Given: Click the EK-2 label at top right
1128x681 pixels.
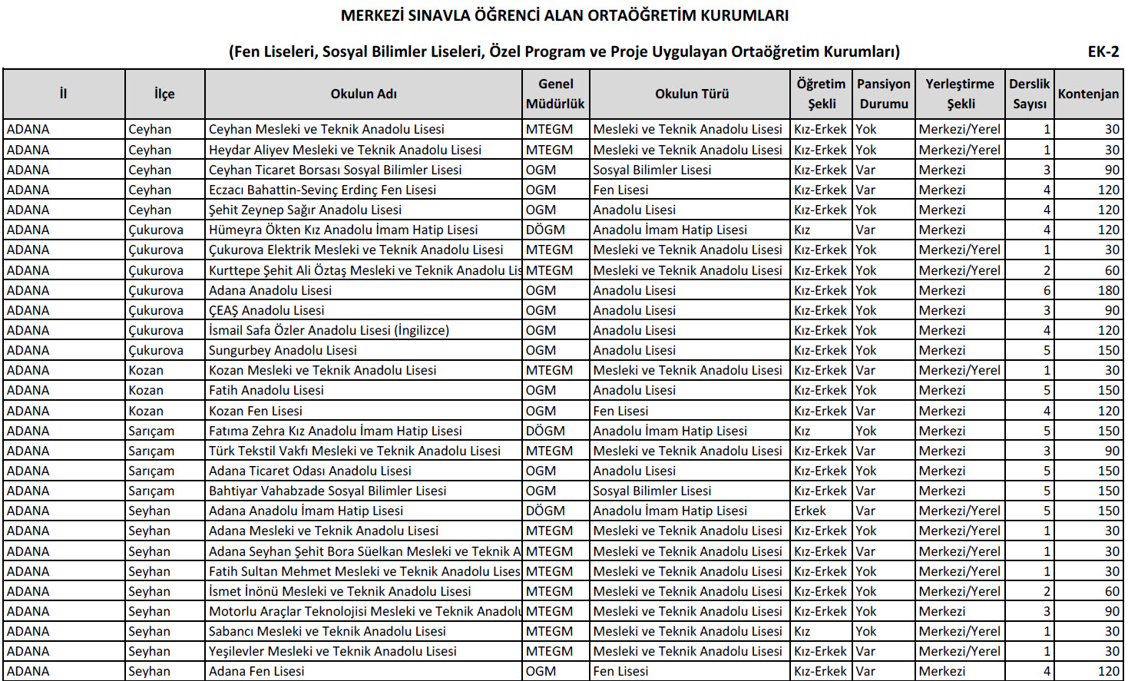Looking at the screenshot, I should [1103, 51].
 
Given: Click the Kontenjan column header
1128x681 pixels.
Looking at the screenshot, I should [1088, 94].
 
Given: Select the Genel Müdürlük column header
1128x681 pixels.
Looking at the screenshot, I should [555, 94].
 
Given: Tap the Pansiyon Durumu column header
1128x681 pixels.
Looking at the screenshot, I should [883, 94].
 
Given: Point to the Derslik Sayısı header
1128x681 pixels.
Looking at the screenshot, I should [1029, 94].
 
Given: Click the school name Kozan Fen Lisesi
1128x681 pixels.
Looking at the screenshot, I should [256, 411].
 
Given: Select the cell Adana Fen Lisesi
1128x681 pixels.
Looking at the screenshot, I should [256, 671].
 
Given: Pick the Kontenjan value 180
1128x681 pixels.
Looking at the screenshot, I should [1108, 290].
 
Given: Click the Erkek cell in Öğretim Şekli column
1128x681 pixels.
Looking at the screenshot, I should [810, 511].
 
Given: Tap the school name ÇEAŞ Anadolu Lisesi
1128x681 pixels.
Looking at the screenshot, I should [266, 310].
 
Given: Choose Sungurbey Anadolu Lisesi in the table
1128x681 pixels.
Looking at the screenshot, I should [283, 350].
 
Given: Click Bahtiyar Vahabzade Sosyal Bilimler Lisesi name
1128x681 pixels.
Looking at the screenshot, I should [327, 491].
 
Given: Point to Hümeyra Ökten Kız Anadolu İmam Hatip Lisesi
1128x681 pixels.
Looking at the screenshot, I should [343, 230].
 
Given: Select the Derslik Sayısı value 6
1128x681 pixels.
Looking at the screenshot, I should [1047, 290].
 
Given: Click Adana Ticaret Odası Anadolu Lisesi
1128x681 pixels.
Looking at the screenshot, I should [310, 471].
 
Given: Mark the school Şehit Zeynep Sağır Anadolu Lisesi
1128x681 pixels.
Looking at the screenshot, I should [305, 210].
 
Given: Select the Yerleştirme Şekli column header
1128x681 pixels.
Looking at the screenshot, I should [960, 94].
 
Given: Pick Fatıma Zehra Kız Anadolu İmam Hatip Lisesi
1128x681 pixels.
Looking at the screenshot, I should [336, 431].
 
